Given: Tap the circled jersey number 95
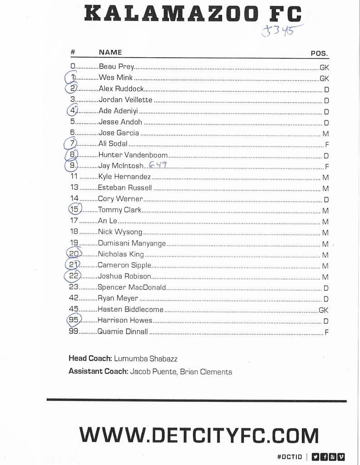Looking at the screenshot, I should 74,320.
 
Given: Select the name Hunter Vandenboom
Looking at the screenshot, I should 133,155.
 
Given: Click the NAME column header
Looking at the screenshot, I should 110,52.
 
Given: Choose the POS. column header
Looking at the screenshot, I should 319,53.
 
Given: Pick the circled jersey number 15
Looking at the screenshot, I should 74,209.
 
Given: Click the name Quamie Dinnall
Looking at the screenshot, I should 123,331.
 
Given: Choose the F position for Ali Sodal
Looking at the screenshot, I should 326,144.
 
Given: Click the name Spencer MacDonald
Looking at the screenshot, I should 132,287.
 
